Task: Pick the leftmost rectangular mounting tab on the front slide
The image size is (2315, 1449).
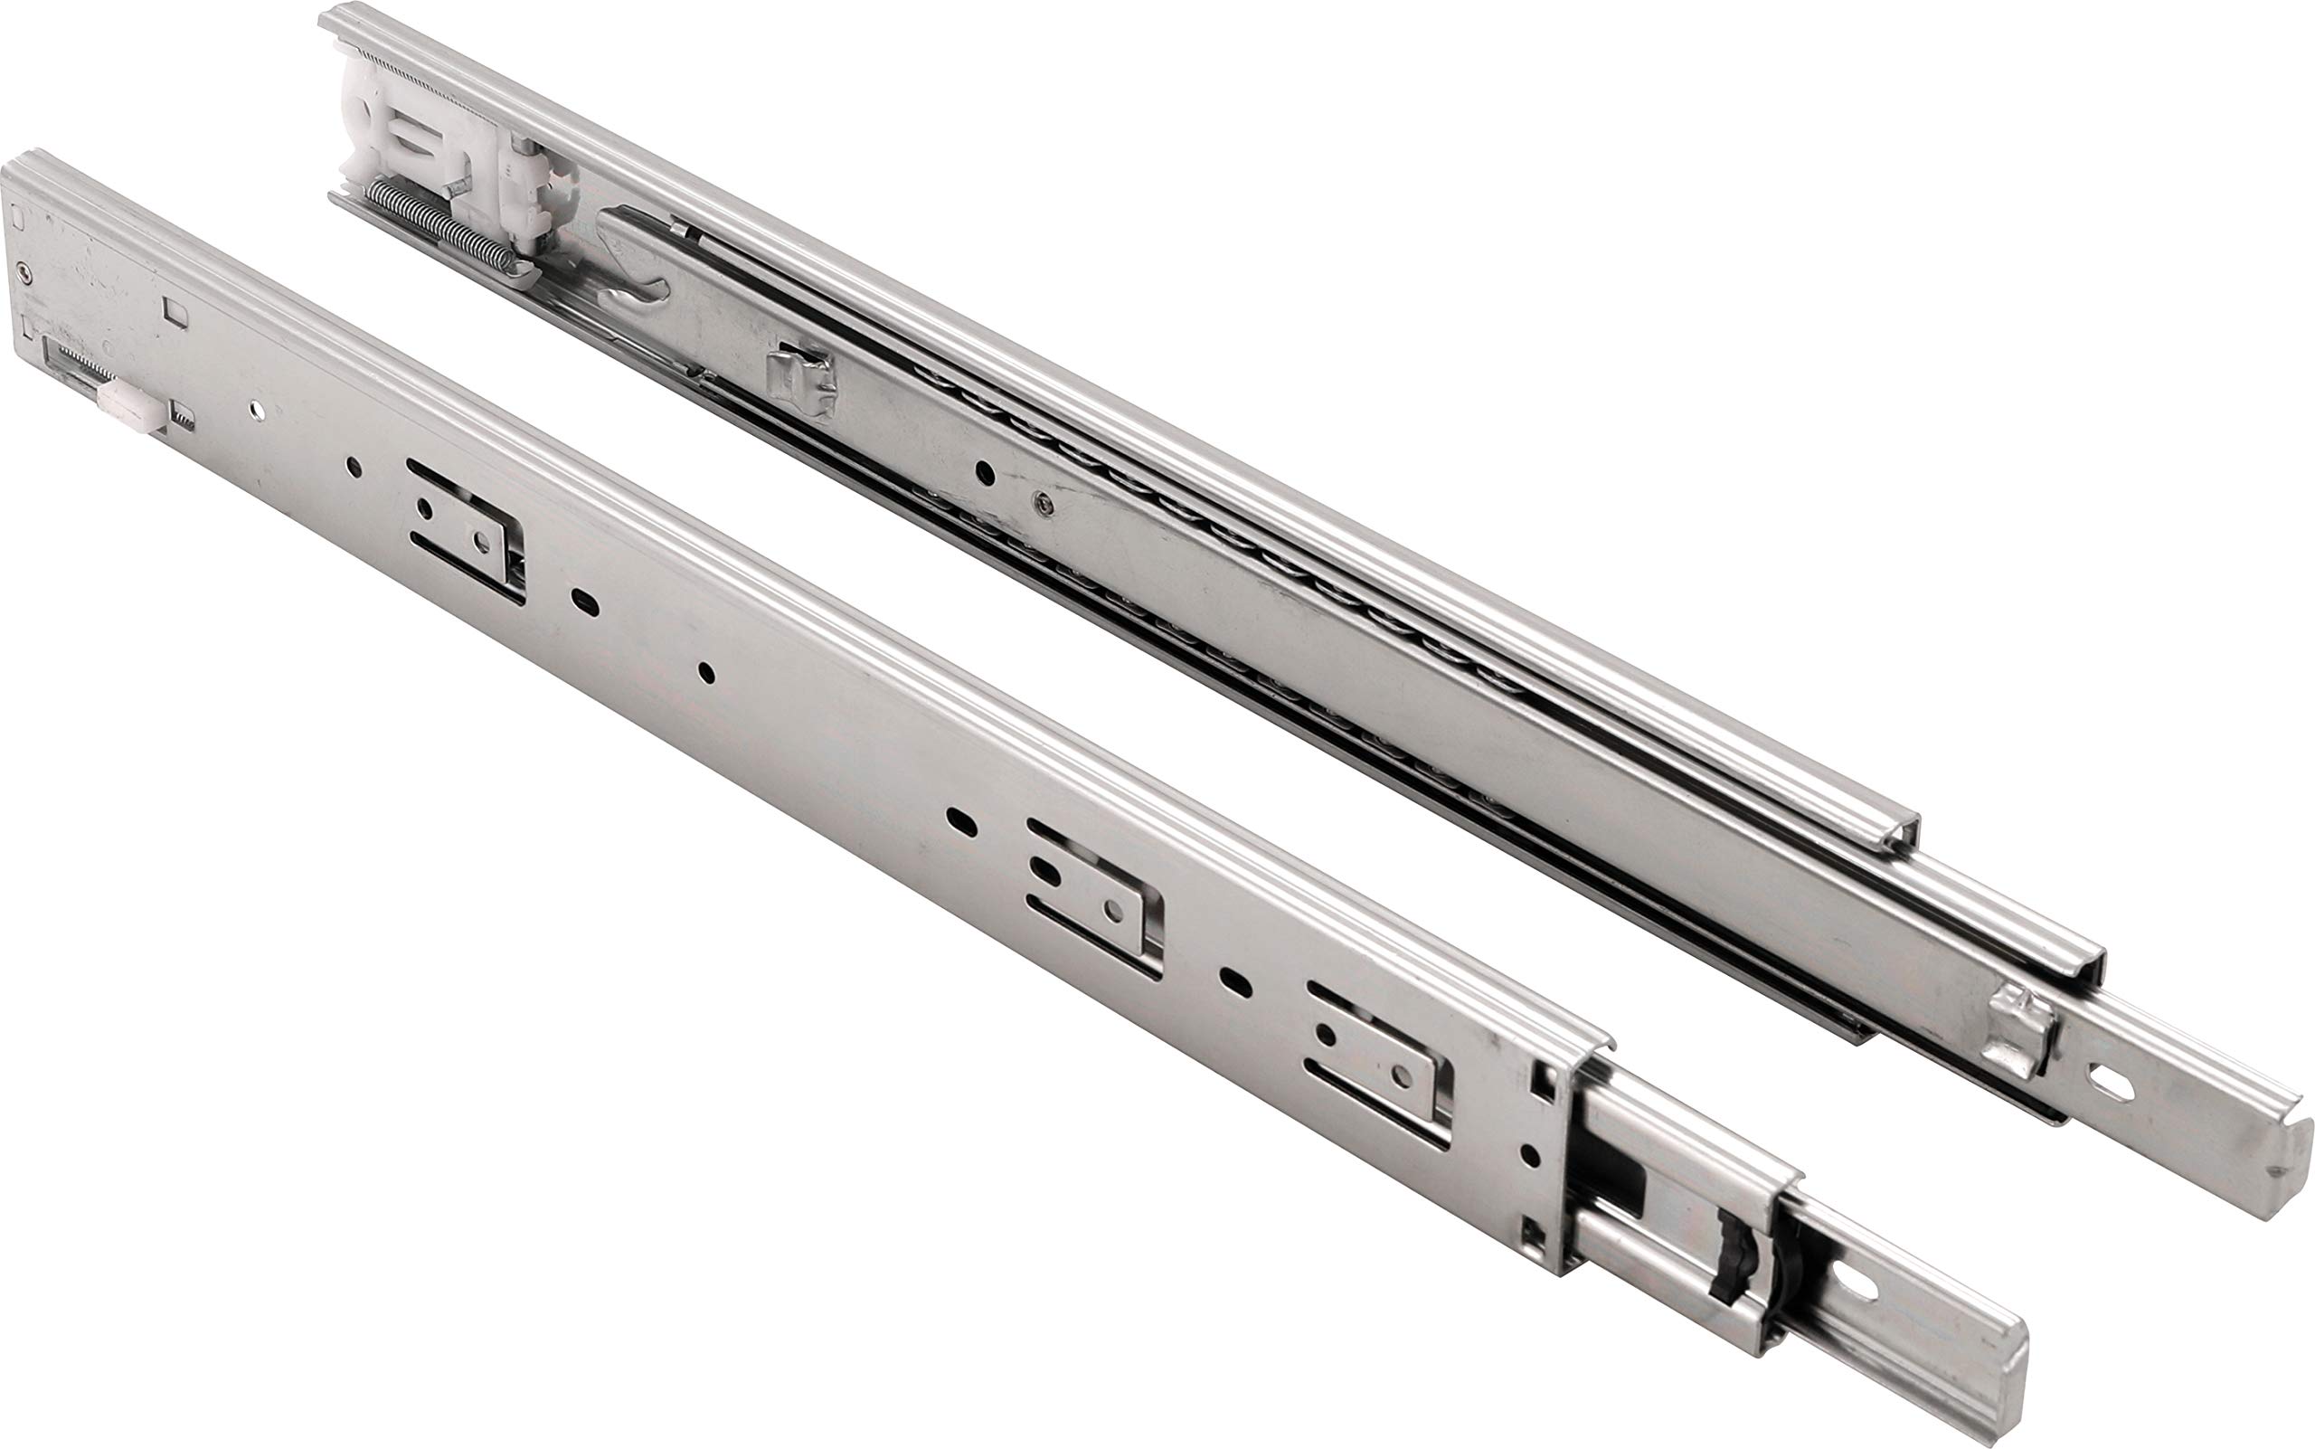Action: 465,530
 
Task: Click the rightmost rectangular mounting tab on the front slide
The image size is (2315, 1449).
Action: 1380,1064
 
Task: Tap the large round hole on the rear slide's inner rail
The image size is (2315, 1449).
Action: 984,471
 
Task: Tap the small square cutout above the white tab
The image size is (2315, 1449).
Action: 175,310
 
